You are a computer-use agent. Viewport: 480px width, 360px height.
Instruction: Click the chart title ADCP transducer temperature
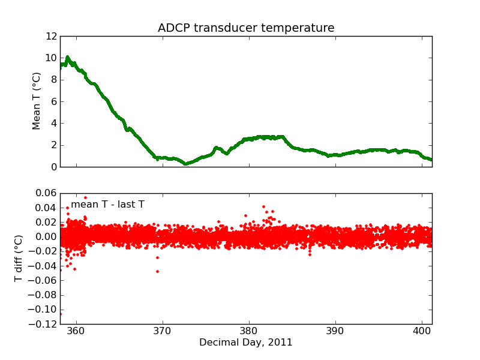tap(246, 28)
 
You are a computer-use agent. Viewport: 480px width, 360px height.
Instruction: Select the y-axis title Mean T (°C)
tap(37, 101)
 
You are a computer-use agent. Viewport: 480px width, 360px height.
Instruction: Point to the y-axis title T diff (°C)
tap(19, 259)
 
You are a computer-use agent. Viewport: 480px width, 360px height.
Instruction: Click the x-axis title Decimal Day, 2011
tap(246, 343)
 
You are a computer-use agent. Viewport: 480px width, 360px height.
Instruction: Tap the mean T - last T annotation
tap(107, 205)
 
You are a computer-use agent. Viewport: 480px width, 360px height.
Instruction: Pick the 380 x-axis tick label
tap(249, 331)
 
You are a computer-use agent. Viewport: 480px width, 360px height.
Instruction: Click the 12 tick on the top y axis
tap(50, 37)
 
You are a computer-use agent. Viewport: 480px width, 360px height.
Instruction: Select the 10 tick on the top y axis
tap(50, 58)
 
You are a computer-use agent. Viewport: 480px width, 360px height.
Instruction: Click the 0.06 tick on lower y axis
tap(45, 193)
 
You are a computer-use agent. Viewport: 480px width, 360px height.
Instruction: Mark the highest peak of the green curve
tap(67, 58)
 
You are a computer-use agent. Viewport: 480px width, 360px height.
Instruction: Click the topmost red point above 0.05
tap(85, 197)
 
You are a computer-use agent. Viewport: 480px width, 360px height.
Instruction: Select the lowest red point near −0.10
tap(61, 314)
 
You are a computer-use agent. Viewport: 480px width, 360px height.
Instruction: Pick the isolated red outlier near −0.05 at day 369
tap(157, 271)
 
